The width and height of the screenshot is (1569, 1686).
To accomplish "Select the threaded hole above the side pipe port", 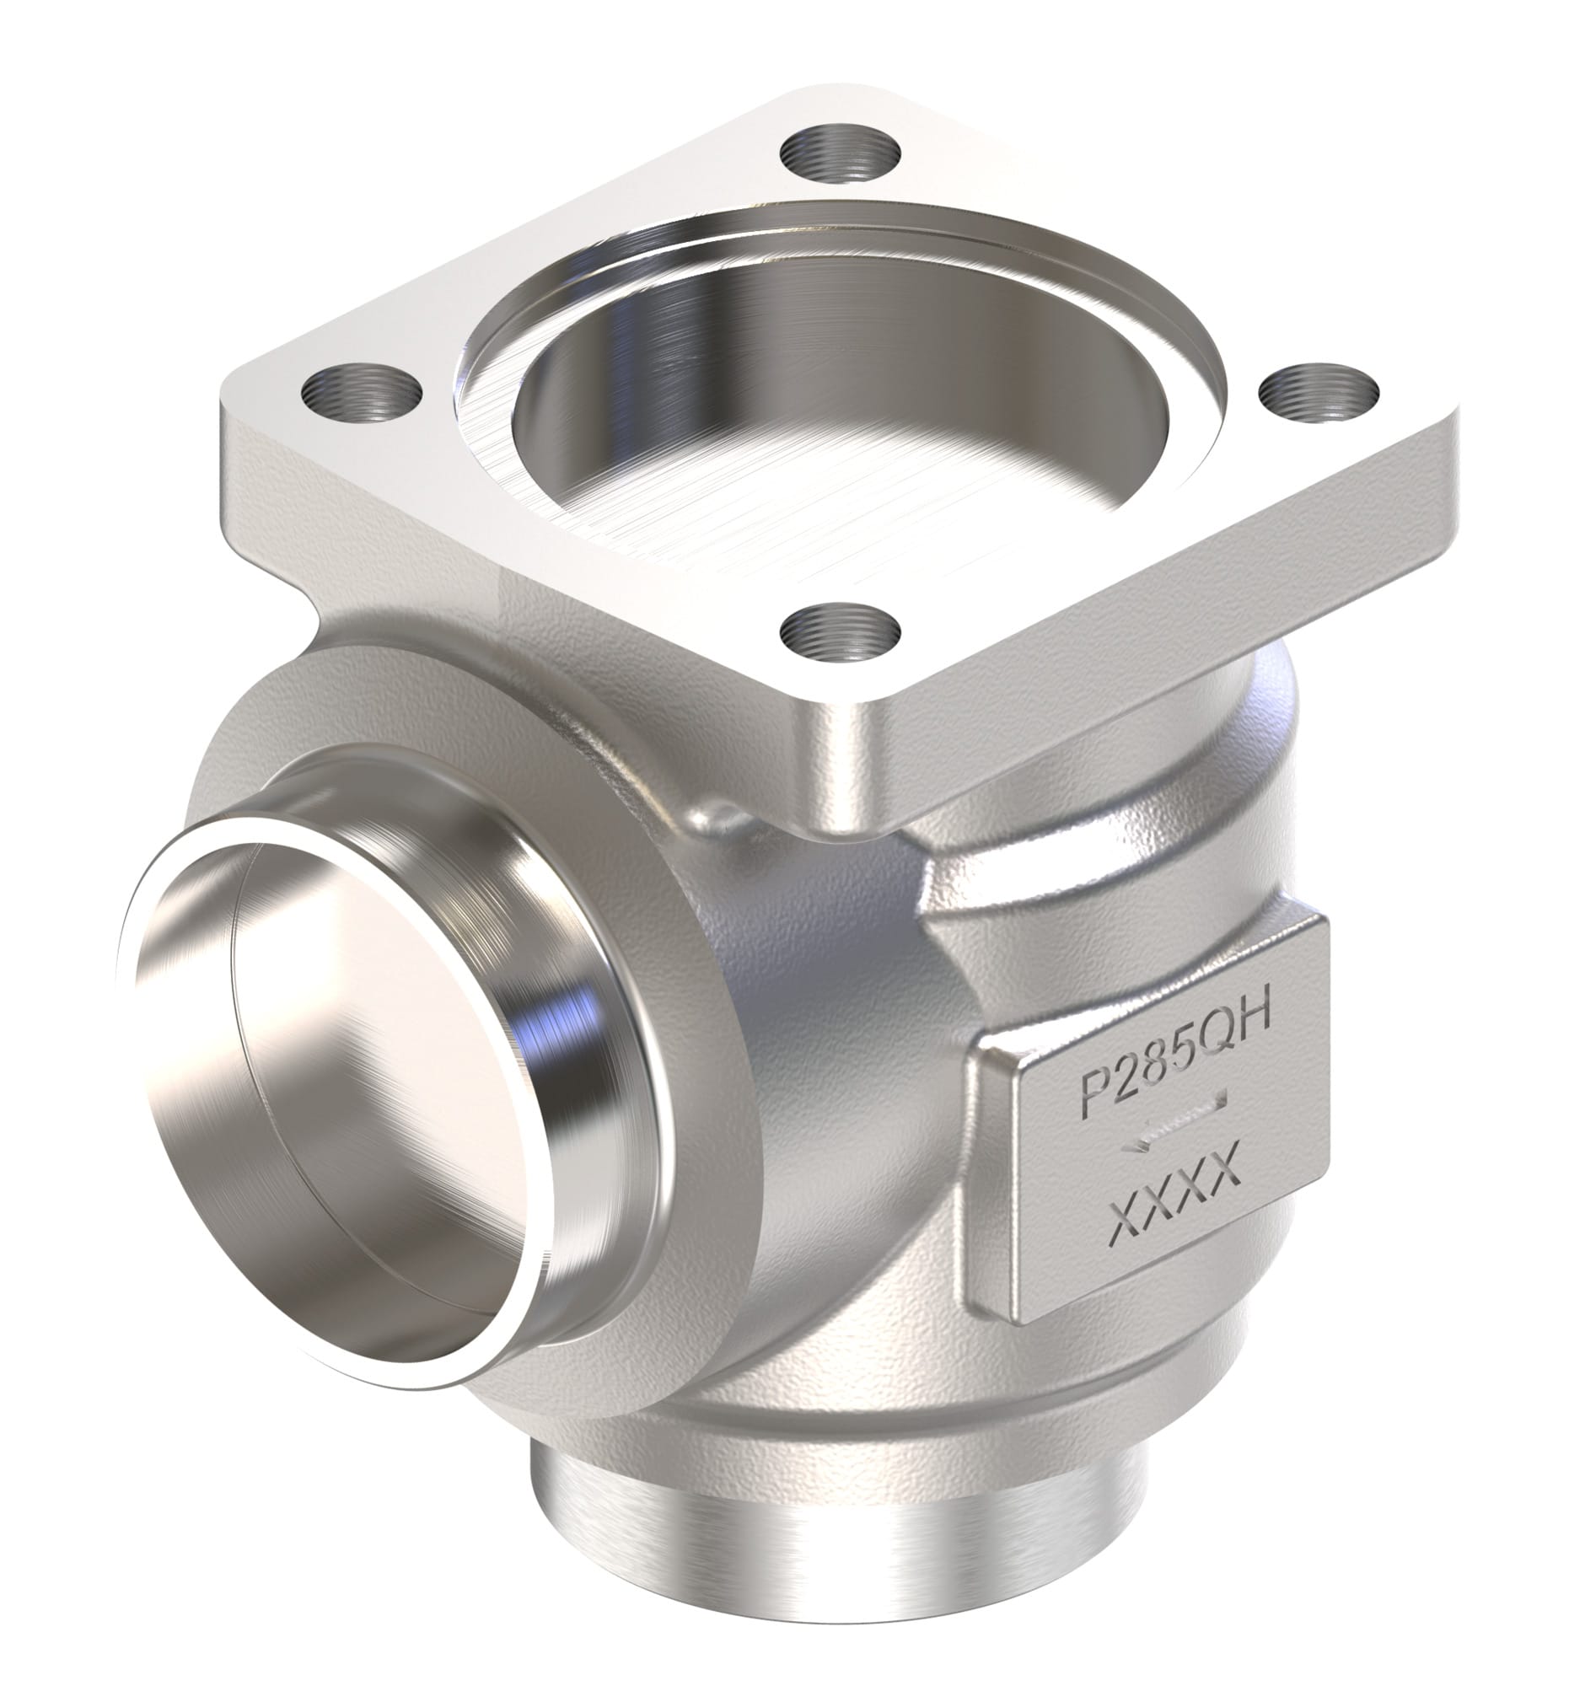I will point(363,395).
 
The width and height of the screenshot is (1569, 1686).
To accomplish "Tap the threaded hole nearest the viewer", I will point(840,629).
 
